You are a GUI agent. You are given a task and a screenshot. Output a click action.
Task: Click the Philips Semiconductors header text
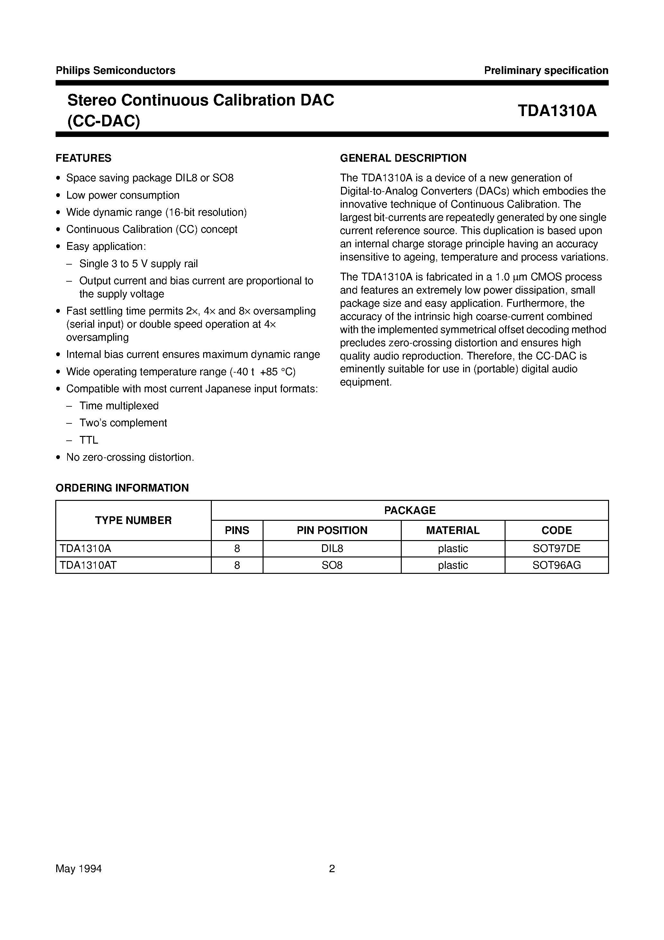click(x=115, y=70)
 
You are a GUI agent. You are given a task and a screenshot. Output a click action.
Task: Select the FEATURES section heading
click(x=84, y=158)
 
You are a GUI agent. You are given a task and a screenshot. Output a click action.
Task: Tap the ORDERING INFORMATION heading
click(x=122, y=488)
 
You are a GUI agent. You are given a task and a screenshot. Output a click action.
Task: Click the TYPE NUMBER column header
click(x=133, y=520)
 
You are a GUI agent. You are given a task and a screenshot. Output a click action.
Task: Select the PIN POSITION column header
click(x=332, y=530)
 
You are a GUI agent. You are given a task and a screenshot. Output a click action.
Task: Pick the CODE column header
click(x=556, y=530)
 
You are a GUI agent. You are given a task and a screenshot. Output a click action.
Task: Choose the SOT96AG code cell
click(x=556, y=565)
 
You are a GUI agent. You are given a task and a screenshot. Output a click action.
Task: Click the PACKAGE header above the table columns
click(x=409, y=510)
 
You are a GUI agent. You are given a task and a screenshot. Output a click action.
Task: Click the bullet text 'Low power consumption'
click(x=123, y=195)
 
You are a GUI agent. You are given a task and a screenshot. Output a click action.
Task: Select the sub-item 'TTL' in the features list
click(x=89, y=440)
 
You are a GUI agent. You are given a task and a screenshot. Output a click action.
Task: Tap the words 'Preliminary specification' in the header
click(x=546, y=70)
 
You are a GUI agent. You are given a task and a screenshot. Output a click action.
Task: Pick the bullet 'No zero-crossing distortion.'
click(x=130, y=457)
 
